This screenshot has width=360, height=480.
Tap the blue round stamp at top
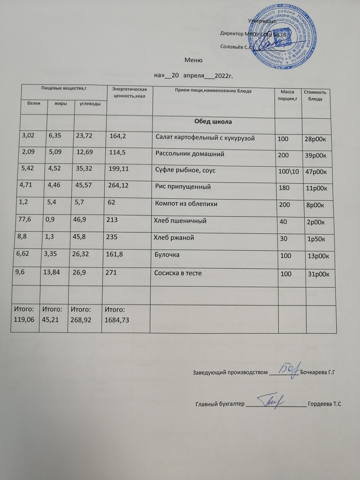click(287, 36)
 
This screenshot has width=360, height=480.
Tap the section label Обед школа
click(212, 122)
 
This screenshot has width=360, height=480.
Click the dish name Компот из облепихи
click(186, 204)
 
